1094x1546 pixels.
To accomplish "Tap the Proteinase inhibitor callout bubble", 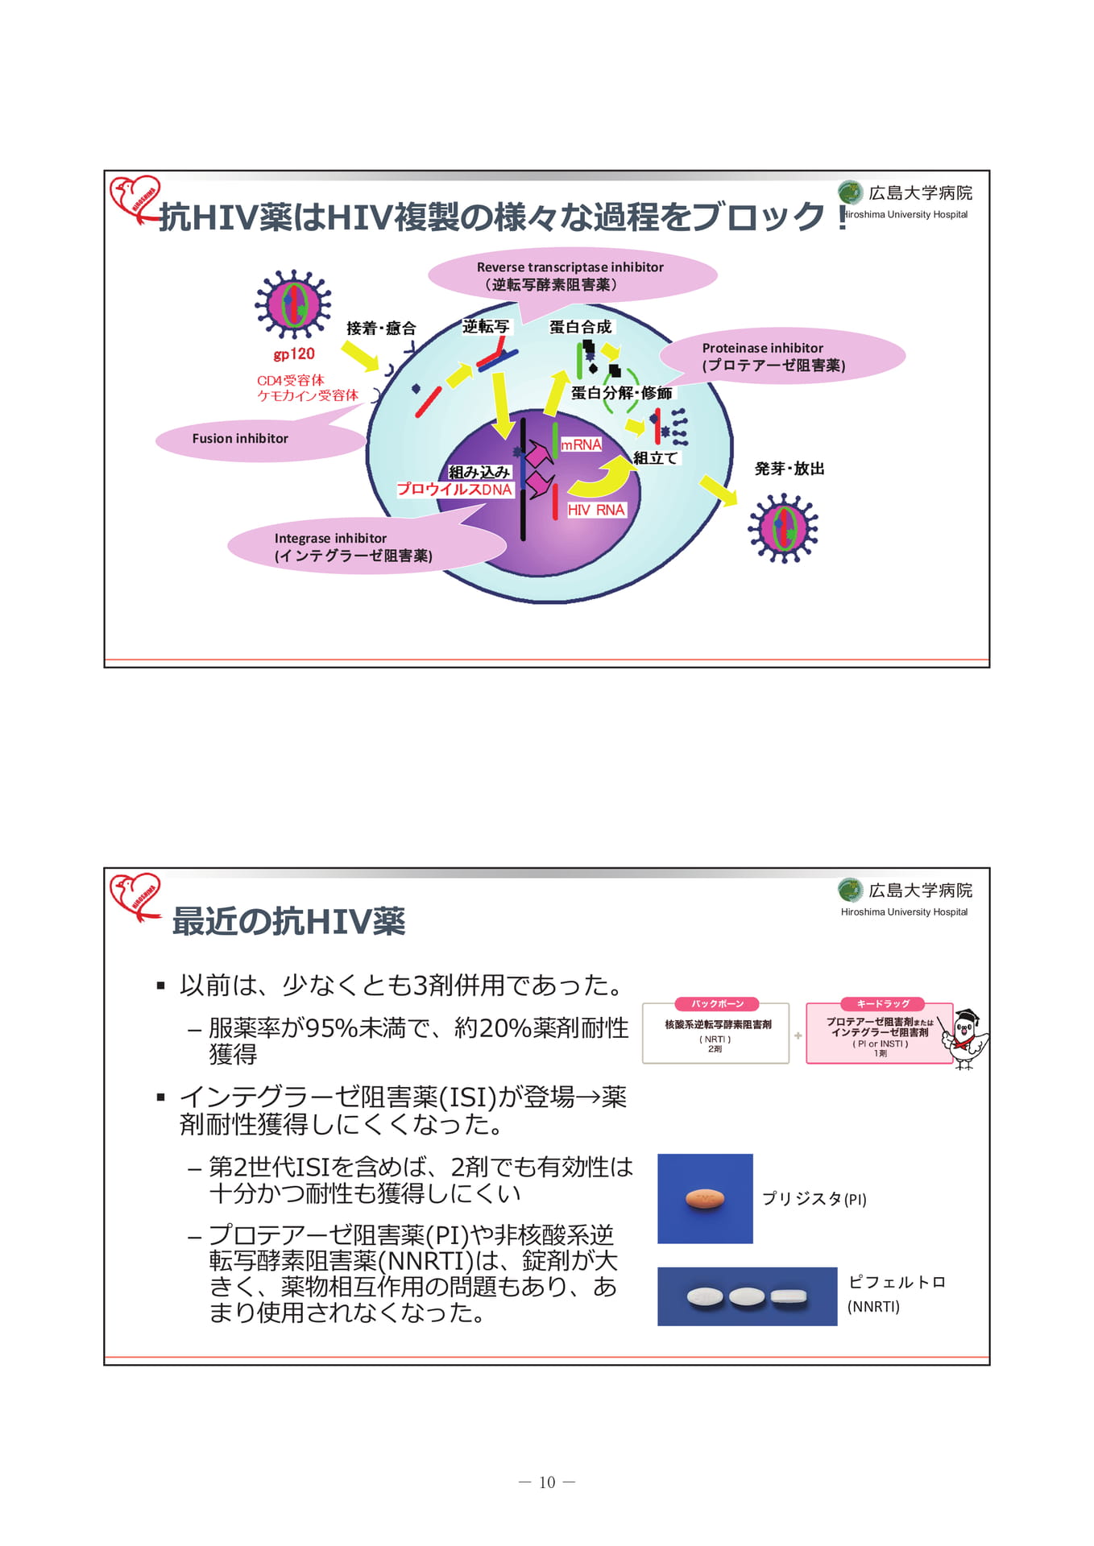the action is point(781,357).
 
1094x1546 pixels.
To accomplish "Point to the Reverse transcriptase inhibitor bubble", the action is point(572,275).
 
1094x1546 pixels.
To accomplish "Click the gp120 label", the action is point(293,354).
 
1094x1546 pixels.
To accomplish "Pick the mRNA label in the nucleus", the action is point(581,444).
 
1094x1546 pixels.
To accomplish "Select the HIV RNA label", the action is point(596,510).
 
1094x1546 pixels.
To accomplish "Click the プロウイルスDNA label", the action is point(454,490).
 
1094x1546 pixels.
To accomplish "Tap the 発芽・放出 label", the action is point(789,469).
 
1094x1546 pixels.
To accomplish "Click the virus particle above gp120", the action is point(293,304).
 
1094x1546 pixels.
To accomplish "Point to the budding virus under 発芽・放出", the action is point(783,528).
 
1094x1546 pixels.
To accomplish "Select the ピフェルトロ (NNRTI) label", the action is point(897,1293).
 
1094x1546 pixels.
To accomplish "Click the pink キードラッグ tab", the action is point(882,1004).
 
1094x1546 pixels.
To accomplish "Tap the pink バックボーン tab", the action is point(716,1004).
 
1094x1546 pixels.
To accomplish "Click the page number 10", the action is point(547,1482).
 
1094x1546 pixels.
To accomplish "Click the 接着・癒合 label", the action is point(381,329).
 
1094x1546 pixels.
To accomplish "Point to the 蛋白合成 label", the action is point(580,327).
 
